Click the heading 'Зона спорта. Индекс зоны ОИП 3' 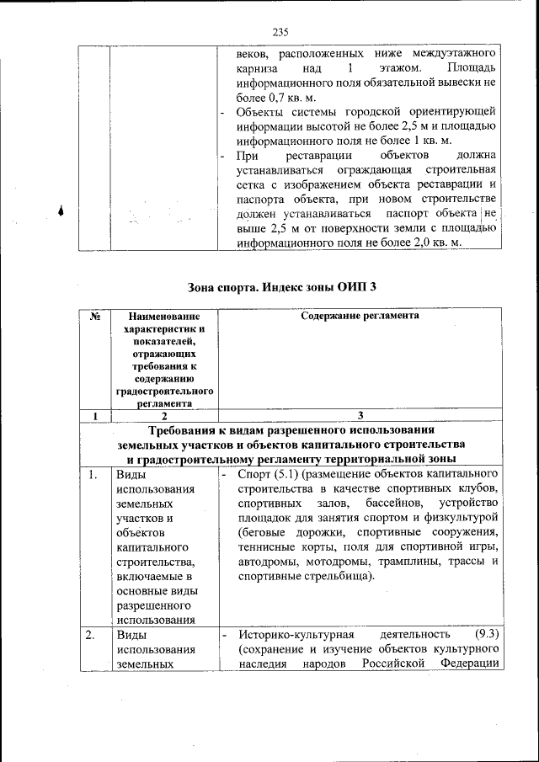pyautogui.click(x=280, y=286)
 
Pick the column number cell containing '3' pyautogui.click(x=360, y=415)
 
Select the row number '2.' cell pyautogui.click(x=94, y=634)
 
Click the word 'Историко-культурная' pyautogui.click(x=291, y=634)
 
